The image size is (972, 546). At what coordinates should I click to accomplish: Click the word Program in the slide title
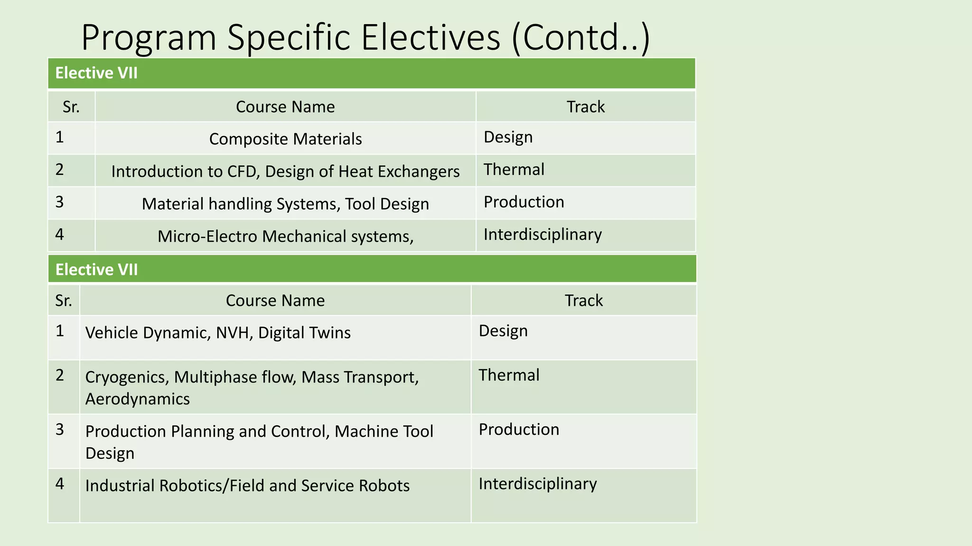(x=149, y=38)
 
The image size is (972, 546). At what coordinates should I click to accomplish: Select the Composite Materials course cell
(x=285, y=139)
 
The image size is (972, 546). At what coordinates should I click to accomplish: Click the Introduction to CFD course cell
(x=285, y=171)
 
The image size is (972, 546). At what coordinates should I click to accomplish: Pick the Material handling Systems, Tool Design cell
(x=285, y=204)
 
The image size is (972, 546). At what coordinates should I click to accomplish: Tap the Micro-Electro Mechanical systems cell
(x=285, y=236)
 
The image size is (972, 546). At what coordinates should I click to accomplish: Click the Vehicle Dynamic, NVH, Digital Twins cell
(x=218, y=333)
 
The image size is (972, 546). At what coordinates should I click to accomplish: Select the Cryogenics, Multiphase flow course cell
(x=252, y=377)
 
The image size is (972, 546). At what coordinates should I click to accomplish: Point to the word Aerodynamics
(x=138, y=399)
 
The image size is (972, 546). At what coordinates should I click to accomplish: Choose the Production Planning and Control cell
(x=259, y=431)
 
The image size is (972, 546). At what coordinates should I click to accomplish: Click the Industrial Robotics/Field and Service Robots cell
(x=247, y=486)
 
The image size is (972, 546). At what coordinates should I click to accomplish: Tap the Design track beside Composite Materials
(x=508, y=137)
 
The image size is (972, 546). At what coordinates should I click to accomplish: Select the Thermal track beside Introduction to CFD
(x=514, y=170)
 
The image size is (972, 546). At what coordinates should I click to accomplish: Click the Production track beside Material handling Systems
(x=524, y=202)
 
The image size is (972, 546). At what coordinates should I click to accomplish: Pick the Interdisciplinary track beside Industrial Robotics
(x=538, y=483)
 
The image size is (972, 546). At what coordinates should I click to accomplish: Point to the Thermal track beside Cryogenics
(x=509, y=375)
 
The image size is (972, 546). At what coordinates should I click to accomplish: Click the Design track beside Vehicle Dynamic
(x=503, y=331)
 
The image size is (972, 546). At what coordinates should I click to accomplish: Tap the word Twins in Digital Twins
(x=331, y=333)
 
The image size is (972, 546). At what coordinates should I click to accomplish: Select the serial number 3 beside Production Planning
(x=59, y=429)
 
